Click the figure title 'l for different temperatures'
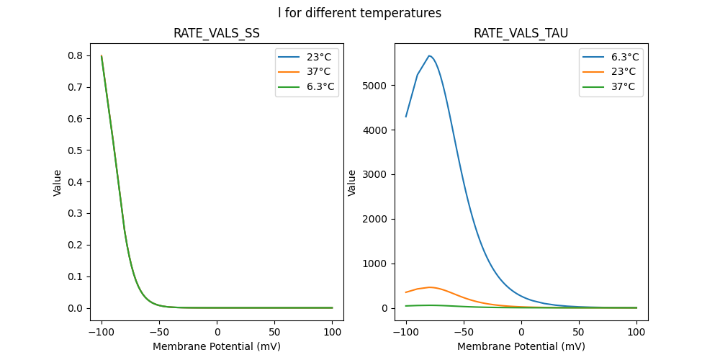tap(359, 13)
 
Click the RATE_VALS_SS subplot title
tap(216, 33)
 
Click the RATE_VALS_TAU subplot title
tap(521, 33)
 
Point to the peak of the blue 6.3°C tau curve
tap(429, 55)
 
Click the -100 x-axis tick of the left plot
tap(102, 333)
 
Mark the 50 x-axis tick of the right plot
tap(579, 333)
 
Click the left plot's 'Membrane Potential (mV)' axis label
tap(216, 346)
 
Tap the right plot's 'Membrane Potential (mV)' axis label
tap(521, 346)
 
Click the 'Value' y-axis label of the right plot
tap(352, 182)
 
